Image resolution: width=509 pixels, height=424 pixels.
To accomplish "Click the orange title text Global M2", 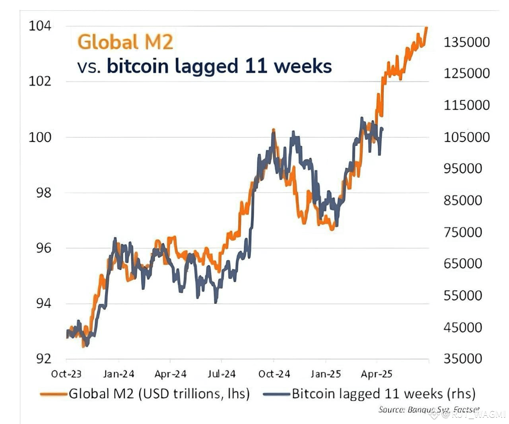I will pos(125,42).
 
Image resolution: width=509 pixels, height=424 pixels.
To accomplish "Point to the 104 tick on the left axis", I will pos(40,26).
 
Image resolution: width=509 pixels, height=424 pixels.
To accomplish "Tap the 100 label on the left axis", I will pos(40,137).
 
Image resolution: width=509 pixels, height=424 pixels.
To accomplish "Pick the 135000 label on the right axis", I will pos(466,42).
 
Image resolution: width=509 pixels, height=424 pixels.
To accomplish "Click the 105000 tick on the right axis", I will pos(466,137).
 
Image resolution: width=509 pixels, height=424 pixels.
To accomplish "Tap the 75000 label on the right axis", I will pos(463,232).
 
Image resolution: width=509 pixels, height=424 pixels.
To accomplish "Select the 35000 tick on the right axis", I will pos(463,358).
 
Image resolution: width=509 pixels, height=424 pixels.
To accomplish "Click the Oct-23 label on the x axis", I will pos(66,374).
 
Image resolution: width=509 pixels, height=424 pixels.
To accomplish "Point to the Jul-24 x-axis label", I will pos(221,374).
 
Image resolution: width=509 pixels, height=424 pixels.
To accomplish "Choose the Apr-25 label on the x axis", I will pos(376,374).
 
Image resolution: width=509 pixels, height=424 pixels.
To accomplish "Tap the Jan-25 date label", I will pos(326,374).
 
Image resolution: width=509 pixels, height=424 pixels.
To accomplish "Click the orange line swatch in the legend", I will pos(53,394).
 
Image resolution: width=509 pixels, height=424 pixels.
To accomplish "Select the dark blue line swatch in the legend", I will pos(276,394).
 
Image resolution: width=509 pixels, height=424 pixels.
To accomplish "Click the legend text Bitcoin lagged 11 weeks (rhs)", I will pos(383,394).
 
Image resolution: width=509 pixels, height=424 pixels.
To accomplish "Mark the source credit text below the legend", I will pos(429,409).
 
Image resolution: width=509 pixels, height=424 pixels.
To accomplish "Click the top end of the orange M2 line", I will pos(426,27).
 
